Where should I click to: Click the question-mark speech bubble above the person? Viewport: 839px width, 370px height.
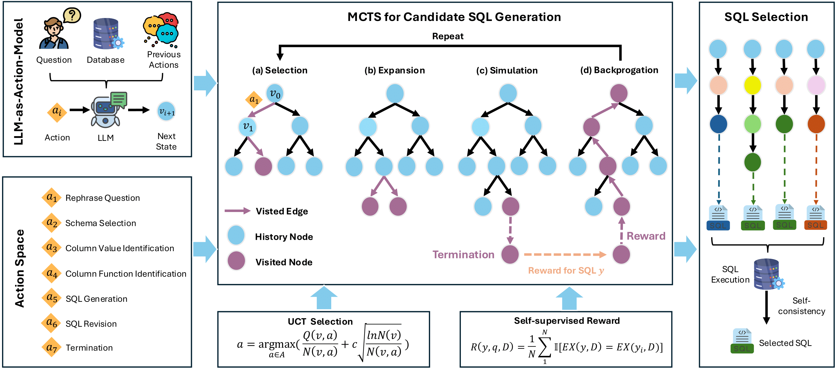pos(72,15)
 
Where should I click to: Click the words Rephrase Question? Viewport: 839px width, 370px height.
pos(103,198)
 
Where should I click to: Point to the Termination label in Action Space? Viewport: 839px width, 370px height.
pos(89,348)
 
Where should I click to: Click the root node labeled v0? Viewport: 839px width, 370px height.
pos(275,94)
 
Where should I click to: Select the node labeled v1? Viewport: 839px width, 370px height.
pos(247,127)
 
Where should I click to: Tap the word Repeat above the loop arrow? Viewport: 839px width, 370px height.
pos(448,36)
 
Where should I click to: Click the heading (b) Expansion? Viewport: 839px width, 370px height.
pos(394,70)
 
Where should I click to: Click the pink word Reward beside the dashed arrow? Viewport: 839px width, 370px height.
pos(646,236)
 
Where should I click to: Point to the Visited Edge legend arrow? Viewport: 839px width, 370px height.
pos(237,211)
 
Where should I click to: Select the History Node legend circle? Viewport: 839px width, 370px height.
pos(236,235)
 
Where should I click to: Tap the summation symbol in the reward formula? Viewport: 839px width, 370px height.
pos(544,347)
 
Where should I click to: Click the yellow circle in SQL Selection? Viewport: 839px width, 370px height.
pos(753,85)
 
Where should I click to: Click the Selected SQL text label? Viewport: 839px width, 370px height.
pos(785,343)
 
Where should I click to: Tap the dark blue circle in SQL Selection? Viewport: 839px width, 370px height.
pos(718,124)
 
